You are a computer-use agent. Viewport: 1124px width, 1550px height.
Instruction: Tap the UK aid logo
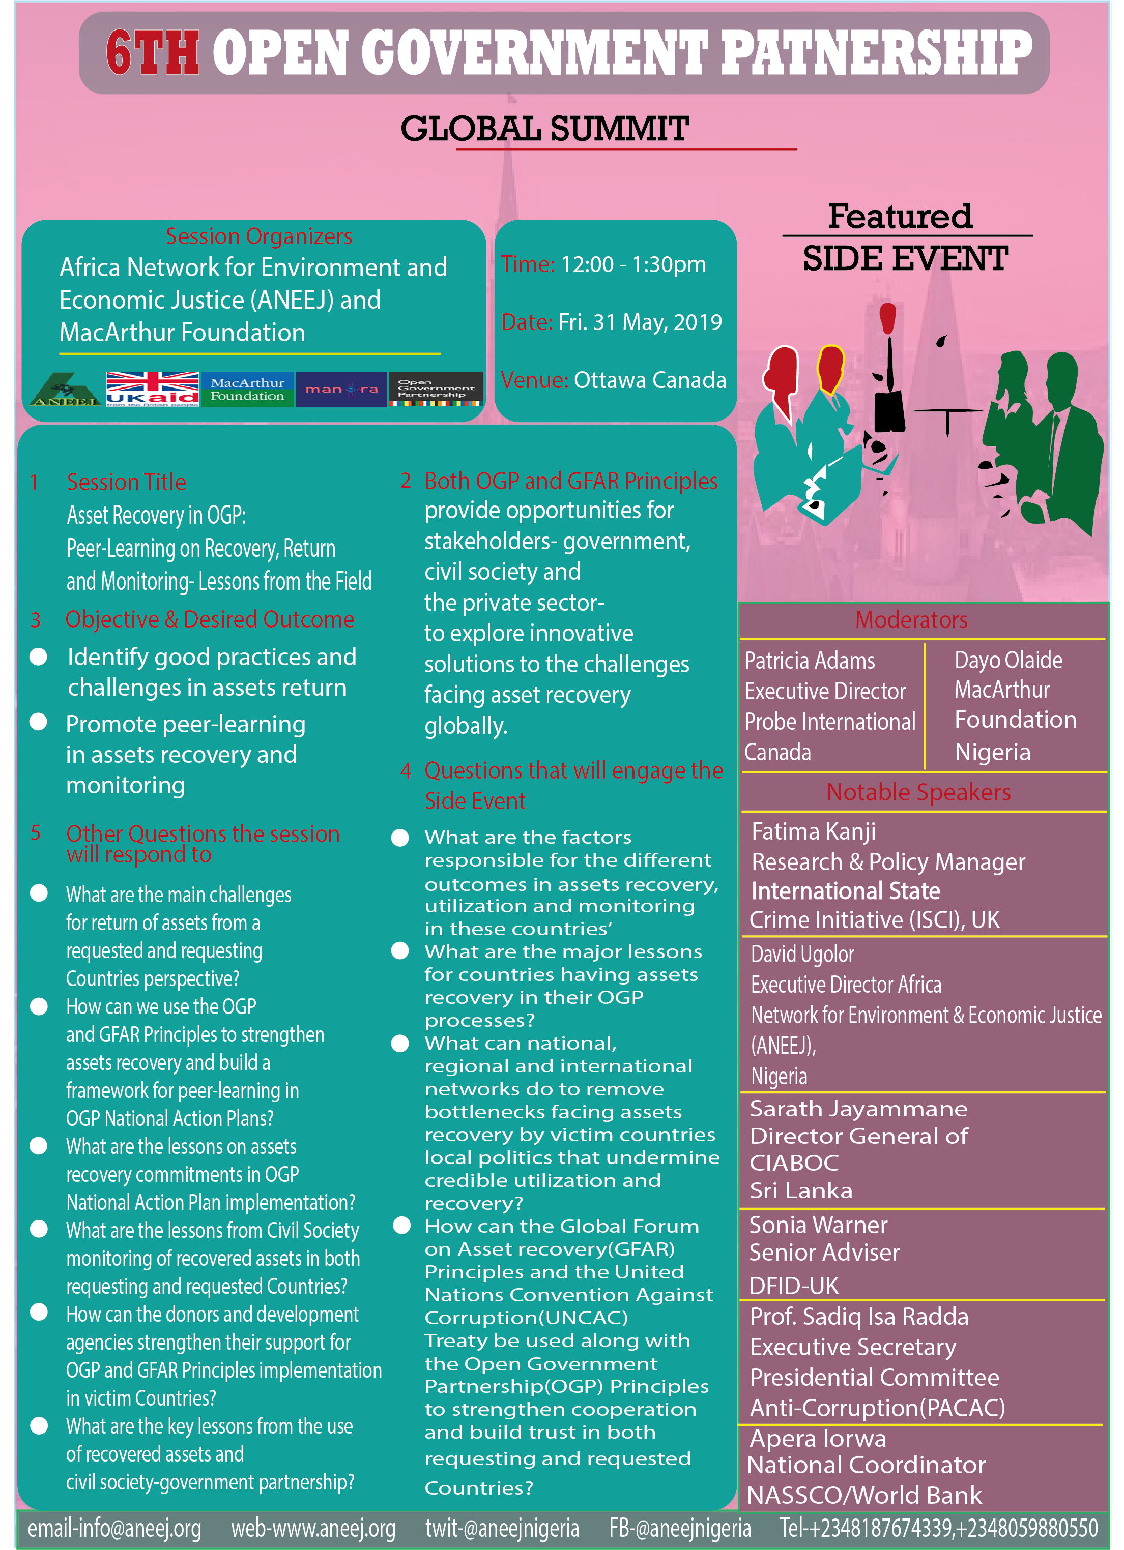click(x=153, y=389)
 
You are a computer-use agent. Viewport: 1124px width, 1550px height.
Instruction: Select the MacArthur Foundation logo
click(x=247, y=389)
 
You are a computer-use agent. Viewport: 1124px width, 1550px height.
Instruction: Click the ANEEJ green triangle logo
click(x=66, y=389)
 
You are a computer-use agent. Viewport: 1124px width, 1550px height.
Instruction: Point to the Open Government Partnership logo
click(x=436, y=389)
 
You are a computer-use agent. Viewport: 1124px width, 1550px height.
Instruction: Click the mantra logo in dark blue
click(x=341, y=389)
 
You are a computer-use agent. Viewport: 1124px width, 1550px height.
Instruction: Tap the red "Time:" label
click(x=528, y=264)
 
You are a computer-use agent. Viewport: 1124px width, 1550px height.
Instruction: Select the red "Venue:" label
click(x=535, y=380)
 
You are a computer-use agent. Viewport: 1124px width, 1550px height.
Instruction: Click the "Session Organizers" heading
click(x=259, y=236)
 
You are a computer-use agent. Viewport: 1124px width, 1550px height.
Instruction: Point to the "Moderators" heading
click(x=911, y=620)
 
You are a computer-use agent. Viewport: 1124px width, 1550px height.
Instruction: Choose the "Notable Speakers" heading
click(x=918, y=792)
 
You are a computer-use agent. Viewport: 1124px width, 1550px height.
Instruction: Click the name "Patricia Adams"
click(x=810, y=661)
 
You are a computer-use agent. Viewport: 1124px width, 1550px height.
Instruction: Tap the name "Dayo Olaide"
click(x=1008, y=660)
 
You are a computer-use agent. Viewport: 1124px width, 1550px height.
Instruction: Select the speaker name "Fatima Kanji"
click(x=814, y=832)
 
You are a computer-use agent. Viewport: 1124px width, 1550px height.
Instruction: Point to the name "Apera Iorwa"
click(x=818, y=1439)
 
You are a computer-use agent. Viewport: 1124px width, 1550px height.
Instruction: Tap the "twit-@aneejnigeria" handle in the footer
click(x=502, y=1528)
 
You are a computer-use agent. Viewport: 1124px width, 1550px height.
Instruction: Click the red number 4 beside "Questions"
click(x=406, y=771)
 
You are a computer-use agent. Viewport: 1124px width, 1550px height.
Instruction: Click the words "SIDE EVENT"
click(x=905, y=259)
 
